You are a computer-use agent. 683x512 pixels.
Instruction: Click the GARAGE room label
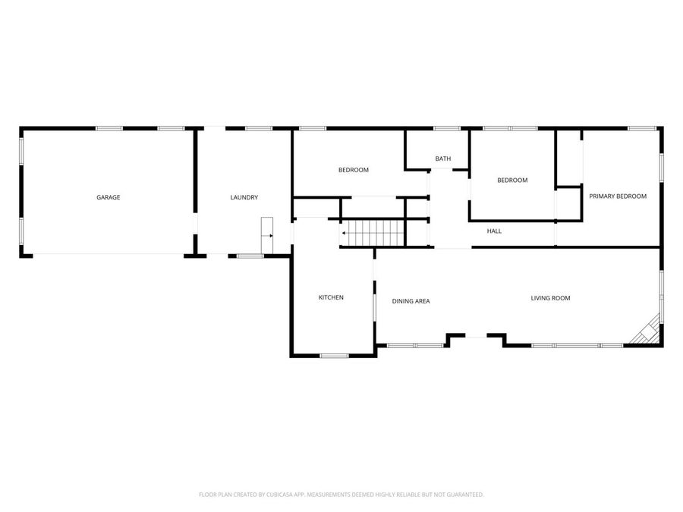tap(108, 197)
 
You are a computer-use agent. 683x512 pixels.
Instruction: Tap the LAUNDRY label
tap(244, 197)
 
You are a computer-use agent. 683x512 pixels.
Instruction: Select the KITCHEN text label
tap(331, 297)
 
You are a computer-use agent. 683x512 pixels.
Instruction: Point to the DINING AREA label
tap(411, 301)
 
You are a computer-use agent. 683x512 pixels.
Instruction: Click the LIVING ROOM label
tap(550, 298)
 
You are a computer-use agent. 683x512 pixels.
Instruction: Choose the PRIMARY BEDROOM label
tap(618, 196)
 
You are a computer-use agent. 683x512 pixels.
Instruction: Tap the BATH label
tap(443, 159)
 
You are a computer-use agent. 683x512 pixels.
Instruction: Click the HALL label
tap(494, 231)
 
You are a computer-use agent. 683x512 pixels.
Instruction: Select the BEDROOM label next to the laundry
tap(353, 170)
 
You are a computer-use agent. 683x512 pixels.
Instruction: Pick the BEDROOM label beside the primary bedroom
tap(512, 180)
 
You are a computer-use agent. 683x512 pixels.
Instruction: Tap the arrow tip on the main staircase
tap(343, 233)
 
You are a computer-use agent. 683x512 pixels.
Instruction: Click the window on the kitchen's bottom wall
tap(334, 355)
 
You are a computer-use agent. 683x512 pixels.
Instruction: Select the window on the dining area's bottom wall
tap(415, 346)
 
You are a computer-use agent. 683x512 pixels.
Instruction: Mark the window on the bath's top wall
tap(446, 128)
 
